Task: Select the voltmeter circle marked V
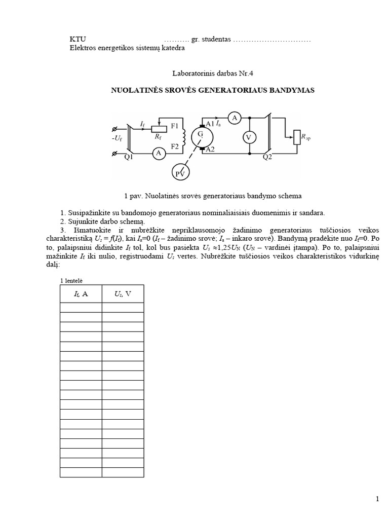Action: pyautogui.click(x=248, y=137)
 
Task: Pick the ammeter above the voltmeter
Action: pyautogui.click(x=234, y=118)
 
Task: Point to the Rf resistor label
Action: pyautogui.click(x=159, y=136)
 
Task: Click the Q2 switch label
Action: pyautogui.click(x=267, y=157)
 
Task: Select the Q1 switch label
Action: pyautogui.click(x=129, y=157)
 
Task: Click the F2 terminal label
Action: pyautogui.click(x=175, y=146)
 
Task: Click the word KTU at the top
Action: pyautogui.click(x=77, y=40)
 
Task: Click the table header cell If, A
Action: pyautogui.click(x=81, y=293)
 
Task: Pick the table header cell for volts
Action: pyautogui.click(x=123, y=293)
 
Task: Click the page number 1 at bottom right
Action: pyautogui.click(x=378, y=500)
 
